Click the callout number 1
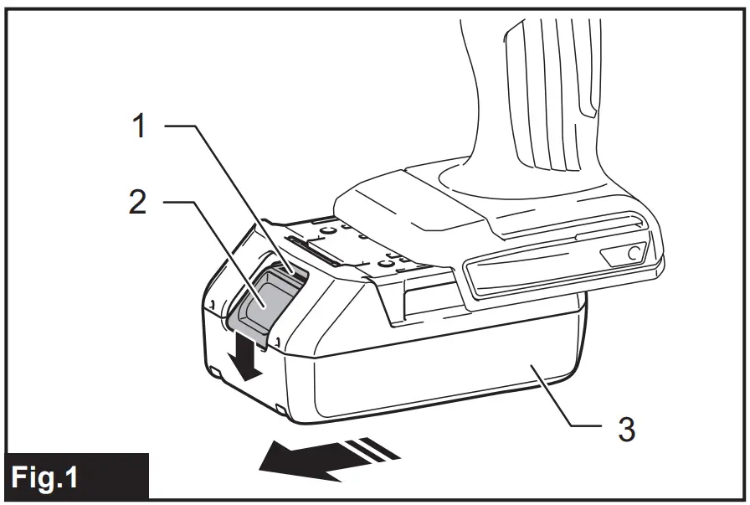[139, 126]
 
